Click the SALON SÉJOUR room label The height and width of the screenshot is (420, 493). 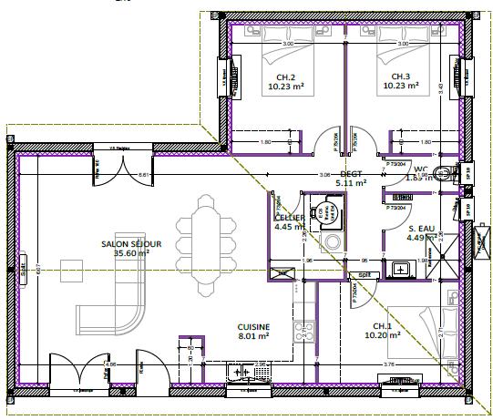click(131, 245)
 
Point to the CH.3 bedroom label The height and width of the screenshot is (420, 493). click(402, 77)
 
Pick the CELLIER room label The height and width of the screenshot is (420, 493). click(290, 219)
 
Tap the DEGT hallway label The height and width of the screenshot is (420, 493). click(351, 174)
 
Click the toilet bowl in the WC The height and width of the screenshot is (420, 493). click(444, 174)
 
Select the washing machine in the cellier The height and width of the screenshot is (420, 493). click(331, 242)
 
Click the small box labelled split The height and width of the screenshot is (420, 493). click(364, 273)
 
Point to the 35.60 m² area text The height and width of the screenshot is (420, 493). click(131, 254)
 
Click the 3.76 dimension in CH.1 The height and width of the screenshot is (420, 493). click(389, 366)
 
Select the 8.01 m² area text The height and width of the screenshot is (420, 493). click(252, 335)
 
